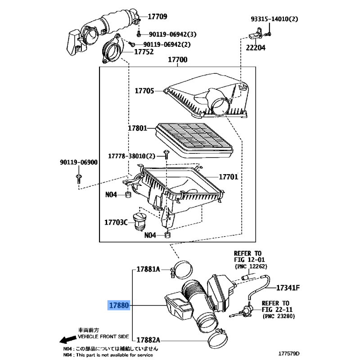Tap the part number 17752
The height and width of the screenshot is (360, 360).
[144, 52]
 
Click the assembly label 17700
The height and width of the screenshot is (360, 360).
[178, 60]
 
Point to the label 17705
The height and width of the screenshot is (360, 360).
[144, 91]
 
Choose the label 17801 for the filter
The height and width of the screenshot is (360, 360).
[137, 129]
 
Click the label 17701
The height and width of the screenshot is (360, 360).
[229, 177]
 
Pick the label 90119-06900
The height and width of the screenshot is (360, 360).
[78, 162]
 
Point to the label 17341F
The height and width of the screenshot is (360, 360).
[288, 287]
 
